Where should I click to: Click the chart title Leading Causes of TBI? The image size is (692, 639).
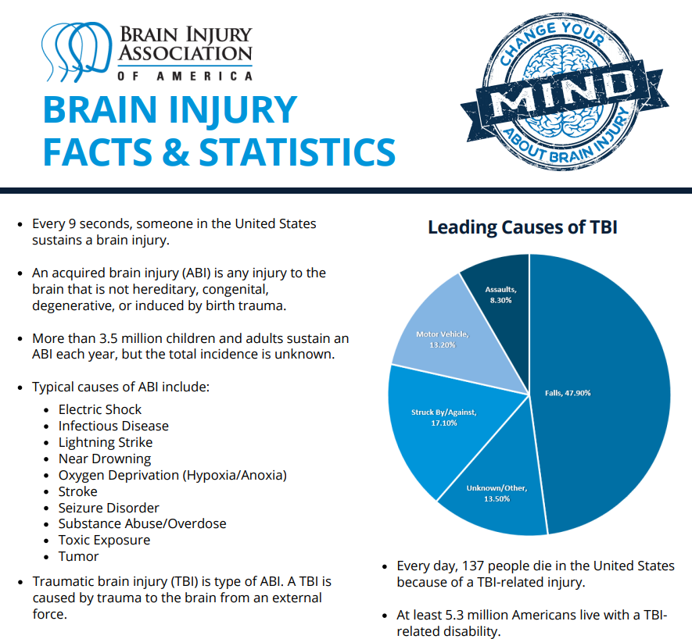[x=522, y=227]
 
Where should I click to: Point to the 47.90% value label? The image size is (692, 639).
[x=579, y=393]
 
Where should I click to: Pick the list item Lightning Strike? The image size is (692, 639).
[x=105, y=442]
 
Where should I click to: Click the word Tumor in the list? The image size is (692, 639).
[x=78, y=556]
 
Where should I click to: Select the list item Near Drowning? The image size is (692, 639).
[x=104, y=459]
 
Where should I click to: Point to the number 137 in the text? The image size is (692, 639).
[x=475, y=566]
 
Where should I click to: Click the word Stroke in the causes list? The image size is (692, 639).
[x=77, y=491]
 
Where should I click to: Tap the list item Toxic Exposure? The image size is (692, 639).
[x=104, y=540]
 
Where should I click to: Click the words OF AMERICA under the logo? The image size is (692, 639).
[x=185, y=76]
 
